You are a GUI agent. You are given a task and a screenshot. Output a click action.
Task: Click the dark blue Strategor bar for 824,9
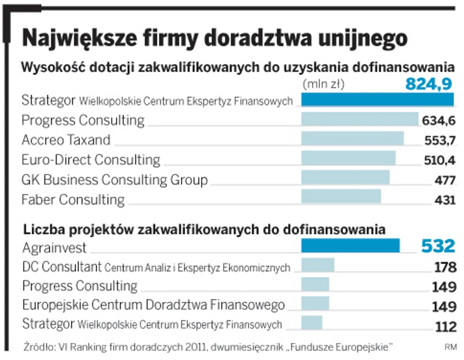378,99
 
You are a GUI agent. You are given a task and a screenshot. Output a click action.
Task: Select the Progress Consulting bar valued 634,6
360,119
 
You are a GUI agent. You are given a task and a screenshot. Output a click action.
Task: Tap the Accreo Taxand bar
353,139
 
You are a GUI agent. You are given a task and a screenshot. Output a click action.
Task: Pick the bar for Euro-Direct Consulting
349,158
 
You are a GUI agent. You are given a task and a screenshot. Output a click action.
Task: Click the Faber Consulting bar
341,197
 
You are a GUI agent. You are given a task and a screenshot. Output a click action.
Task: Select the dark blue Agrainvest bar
350,246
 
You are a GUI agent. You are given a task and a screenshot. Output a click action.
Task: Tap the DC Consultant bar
318,266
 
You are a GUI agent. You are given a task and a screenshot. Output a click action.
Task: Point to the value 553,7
440,140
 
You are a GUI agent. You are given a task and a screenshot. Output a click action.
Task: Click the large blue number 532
437,247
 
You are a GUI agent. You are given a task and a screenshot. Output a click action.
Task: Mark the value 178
444,267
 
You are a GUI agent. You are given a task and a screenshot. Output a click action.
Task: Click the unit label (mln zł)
323,84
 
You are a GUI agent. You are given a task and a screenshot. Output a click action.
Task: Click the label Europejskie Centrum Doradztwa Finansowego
153,305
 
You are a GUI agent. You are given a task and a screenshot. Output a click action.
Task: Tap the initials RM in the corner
450,347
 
